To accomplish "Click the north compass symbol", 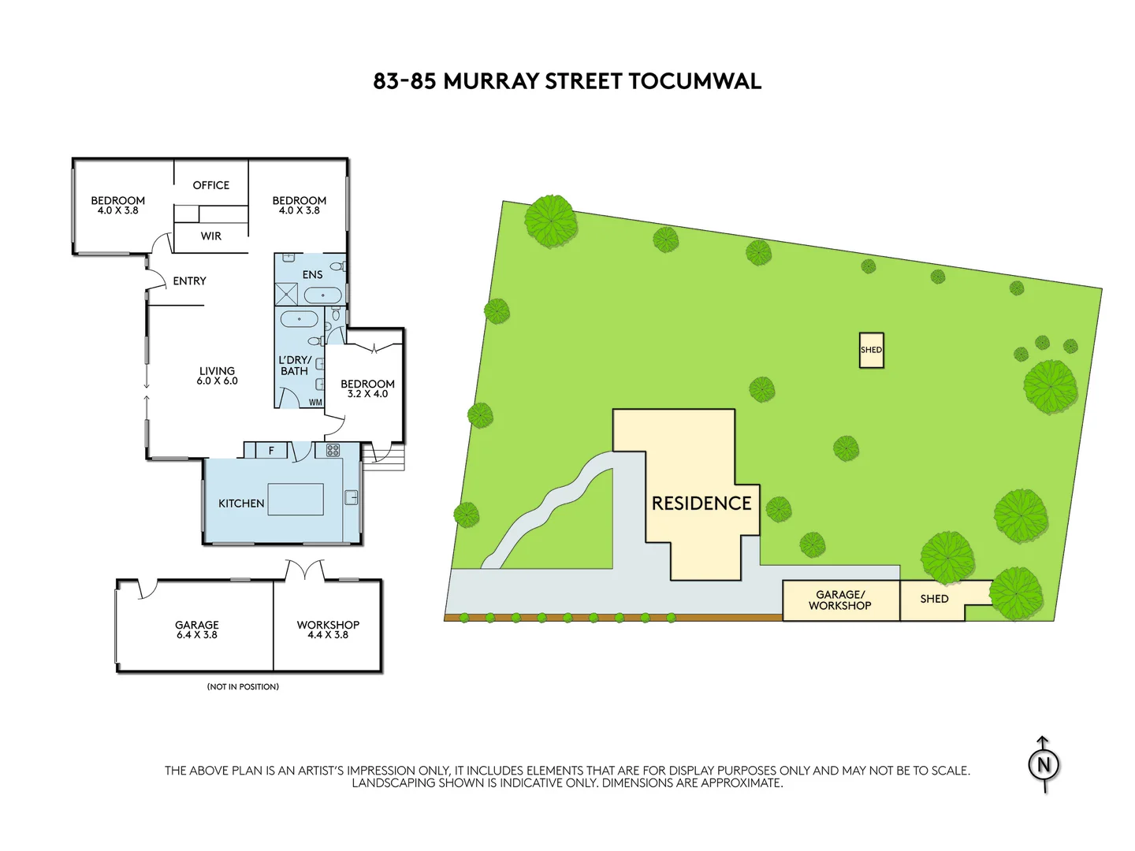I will coord(1044,764).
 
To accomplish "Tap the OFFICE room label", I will coord(211,185).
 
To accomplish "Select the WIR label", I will coord(211,236).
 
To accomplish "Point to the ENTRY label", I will coord(189,281).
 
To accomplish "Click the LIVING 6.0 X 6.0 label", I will coord(217,375).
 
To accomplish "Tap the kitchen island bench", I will coord(296,500).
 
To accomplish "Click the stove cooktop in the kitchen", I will coord(333,451).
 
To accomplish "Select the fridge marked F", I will coord(271,451).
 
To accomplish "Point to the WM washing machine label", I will coord(315,403).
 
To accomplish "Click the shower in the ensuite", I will coord(286,295).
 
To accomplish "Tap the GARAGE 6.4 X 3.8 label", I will coord(197,629).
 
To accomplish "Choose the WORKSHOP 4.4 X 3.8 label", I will coord(328,629).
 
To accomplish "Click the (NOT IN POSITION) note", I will coord(243,687).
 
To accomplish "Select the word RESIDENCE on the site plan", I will coord(701,504).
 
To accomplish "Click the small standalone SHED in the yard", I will coord(871,351).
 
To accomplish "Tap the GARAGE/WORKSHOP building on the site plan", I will coord(840,600).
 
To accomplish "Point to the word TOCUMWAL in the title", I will coord(695,81).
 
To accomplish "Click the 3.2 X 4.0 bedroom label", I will coord(367,388).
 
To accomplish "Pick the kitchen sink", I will coord(352,497).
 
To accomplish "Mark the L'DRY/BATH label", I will coord(295,366).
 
